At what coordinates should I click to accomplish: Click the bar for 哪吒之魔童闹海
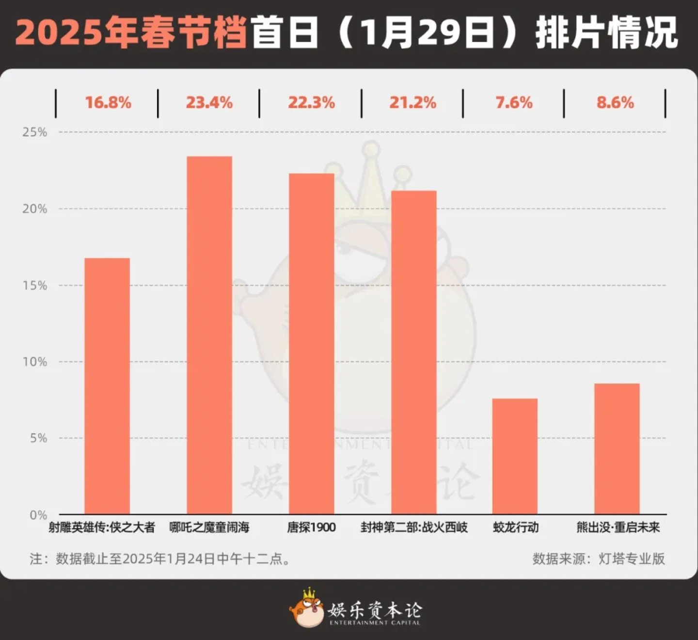209,335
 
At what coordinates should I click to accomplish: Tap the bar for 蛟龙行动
515,456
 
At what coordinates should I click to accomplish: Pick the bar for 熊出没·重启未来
617,448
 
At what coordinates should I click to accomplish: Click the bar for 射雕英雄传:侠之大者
107,385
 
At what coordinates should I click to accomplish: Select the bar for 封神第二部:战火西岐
413,352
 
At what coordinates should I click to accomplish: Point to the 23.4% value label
209,103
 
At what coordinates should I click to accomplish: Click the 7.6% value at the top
514,103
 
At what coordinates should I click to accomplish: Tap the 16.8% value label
108,103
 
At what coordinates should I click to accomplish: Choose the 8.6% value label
615,103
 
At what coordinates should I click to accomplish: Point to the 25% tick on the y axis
35,132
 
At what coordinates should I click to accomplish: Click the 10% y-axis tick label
35,362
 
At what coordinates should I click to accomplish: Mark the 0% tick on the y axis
38,515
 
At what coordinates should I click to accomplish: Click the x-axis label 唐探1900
311,528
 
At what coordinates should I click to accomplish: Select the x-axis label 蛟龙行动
516,528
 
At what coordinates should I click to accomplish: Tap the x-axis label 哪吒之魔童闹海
209,528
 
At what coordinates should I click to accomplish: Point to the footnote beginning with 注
160,559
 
